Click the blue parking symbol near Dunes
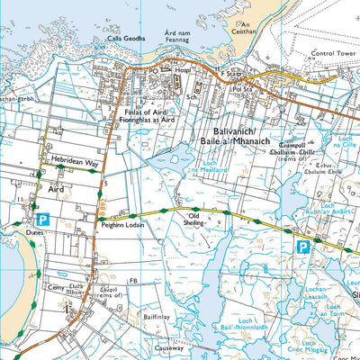coord(41,219)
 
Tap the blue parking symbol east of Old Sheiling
coord(303,246)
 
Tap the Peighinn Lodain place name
coord(123,228)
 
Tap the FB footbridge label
coord(133,282)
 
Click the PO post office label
coord(153,68)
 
